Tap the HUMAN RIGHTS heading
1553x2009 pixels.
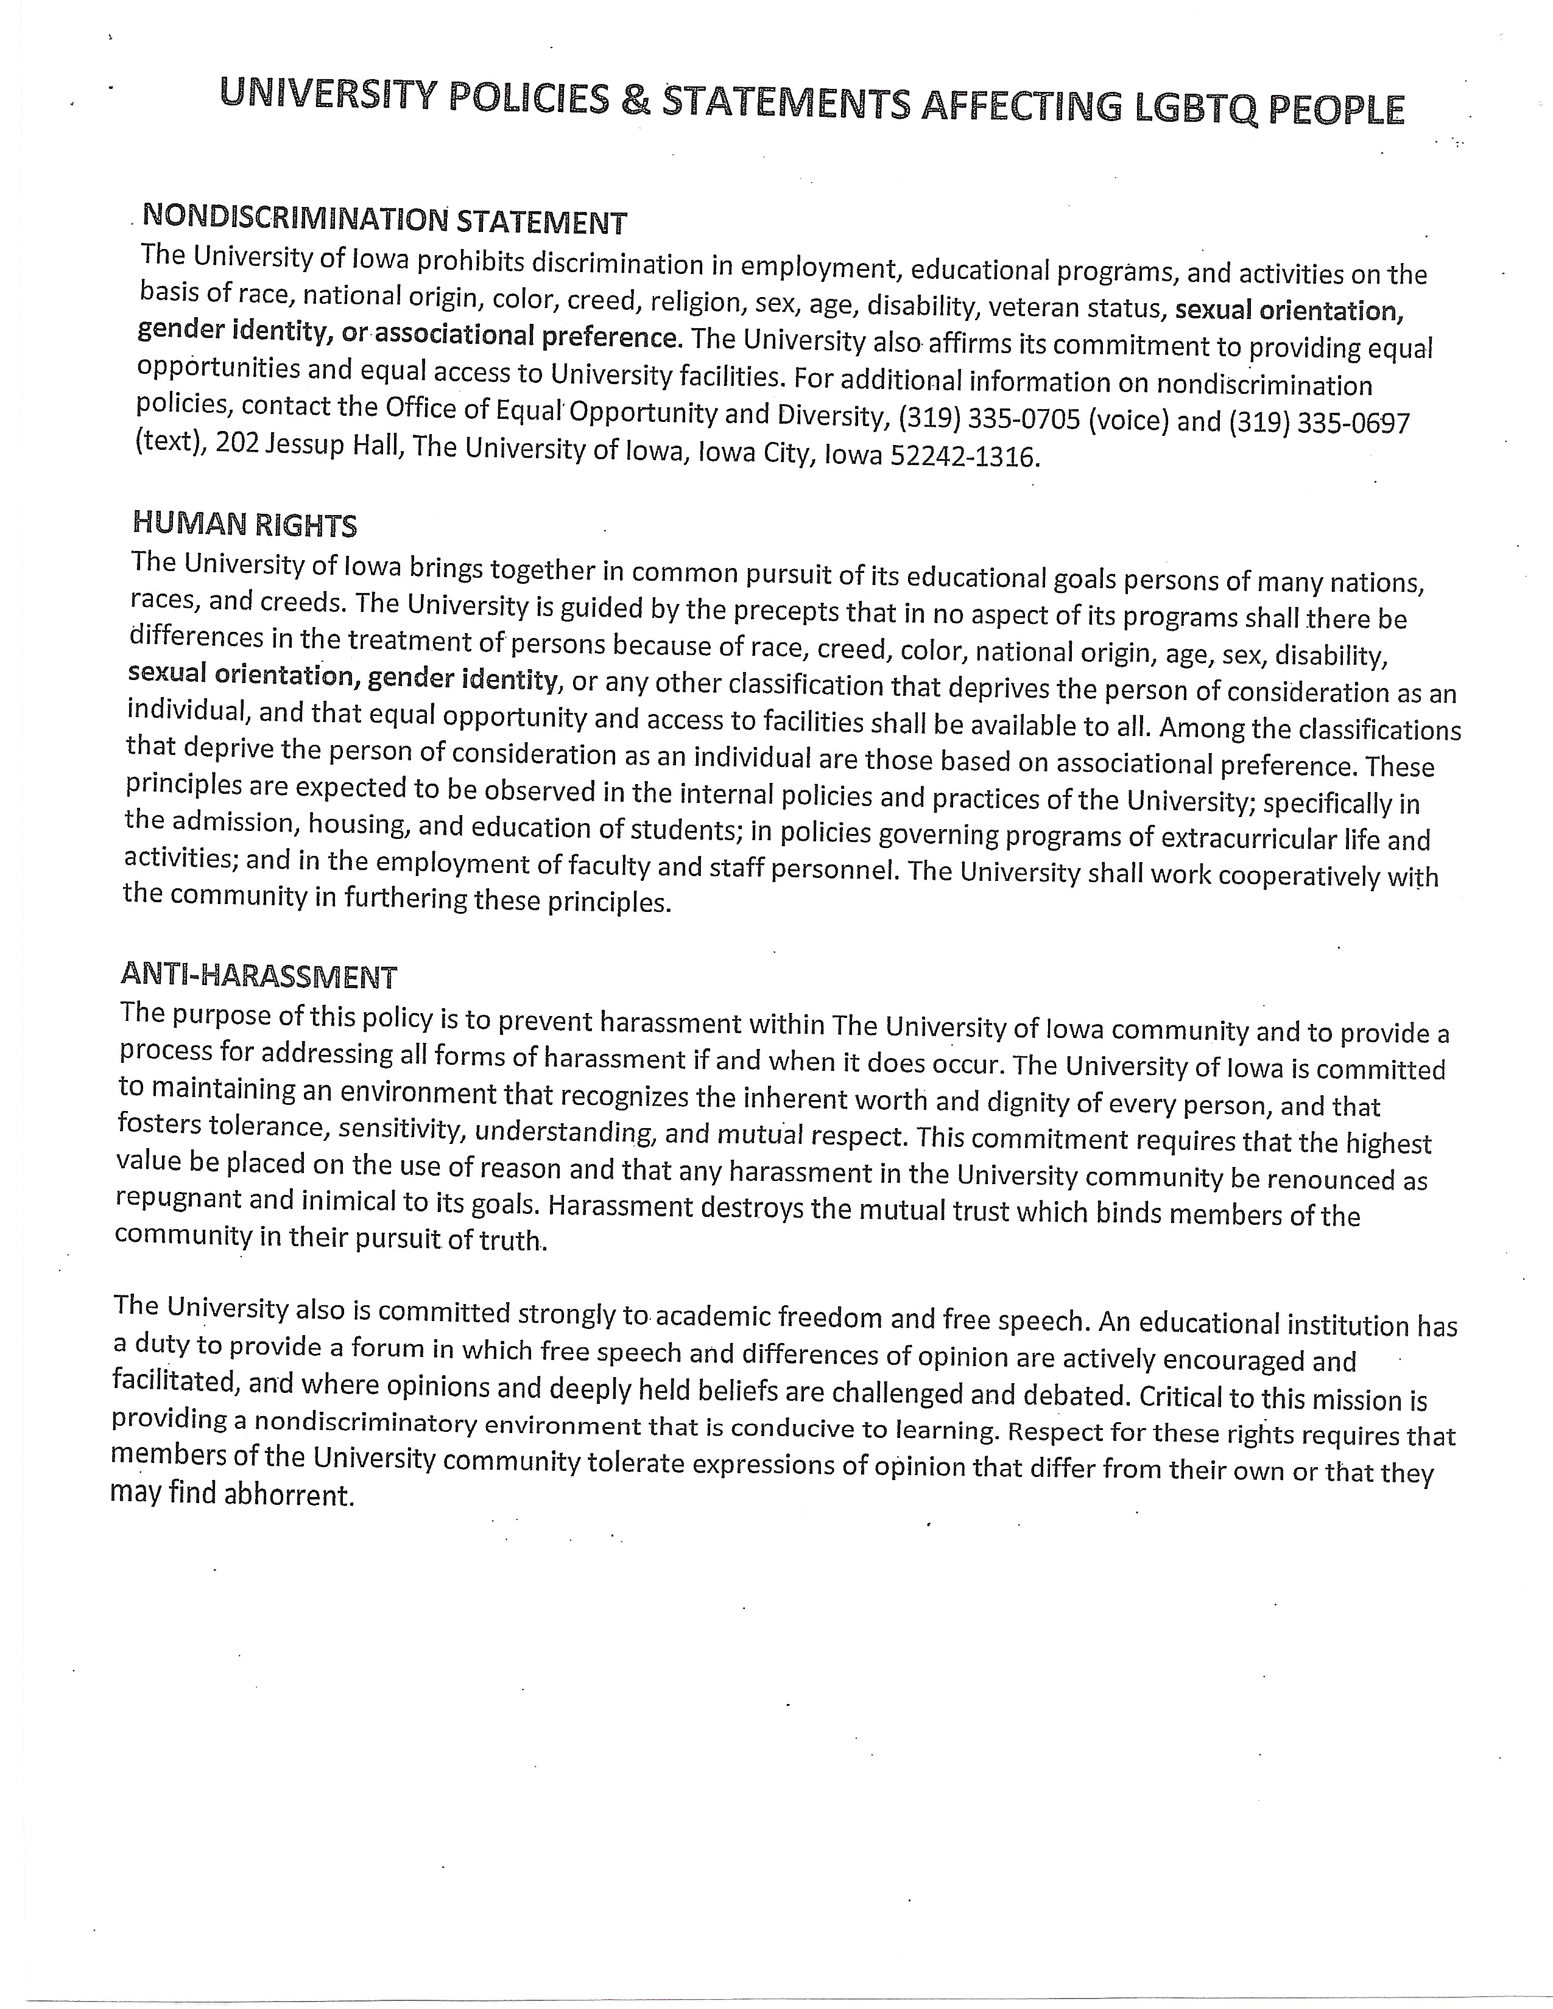[x=245, y=524]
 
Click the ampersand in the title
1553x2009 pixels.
[x=635, y=101]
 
